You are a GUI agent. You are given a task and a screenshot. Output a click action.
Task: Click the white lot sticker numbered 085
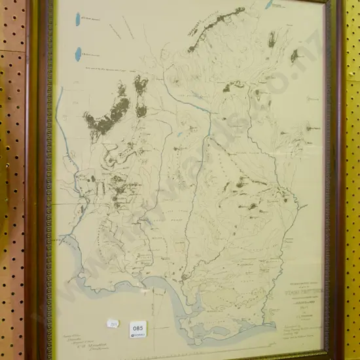[138, 325]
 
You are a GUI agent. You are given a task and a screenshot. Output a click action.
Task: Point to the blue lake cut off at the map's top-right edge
[270, 4]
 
